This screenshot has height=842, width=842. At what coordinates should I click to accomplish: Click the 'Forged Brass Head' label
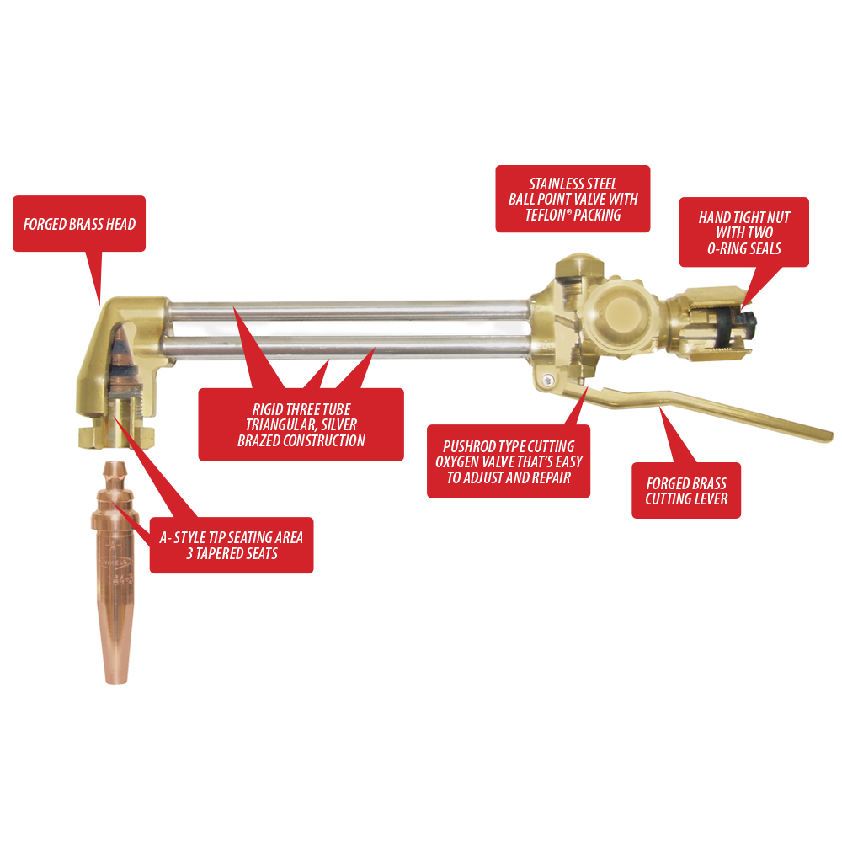79,223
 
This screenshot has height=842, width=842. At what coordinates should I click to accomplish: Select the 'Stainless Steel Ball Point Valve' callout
573,199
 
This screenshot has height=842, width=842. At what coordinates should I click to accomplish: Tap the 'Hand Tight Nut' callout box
743,232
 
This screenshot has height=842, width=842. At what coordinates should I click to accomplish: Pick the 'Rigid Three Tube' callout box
301,424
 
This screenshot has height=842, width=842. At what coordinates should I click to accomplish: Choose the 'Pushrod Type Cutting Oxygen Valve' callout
509,461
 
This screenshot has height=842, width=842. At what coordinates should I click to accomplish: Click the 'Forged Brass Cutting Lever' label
686,490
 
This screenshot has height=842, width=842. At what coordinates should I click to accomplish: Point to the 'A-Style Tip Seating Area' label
232,545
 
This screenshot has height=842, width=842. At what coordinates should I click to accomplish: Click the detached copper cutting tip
116,572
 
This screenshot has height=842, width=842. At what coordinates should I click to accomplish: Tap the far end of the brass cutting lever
827,435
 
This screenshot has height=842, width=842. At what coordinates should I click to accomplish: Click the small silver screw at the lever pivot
546,381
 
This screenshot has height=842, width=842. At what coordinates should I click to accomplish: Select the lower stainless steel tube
349,345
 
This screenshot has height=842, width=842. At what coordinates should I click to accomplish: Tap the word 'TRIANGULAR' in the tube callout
281,424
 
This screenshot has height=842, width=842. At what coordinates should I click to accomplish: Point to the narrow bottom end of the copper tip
116,679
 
